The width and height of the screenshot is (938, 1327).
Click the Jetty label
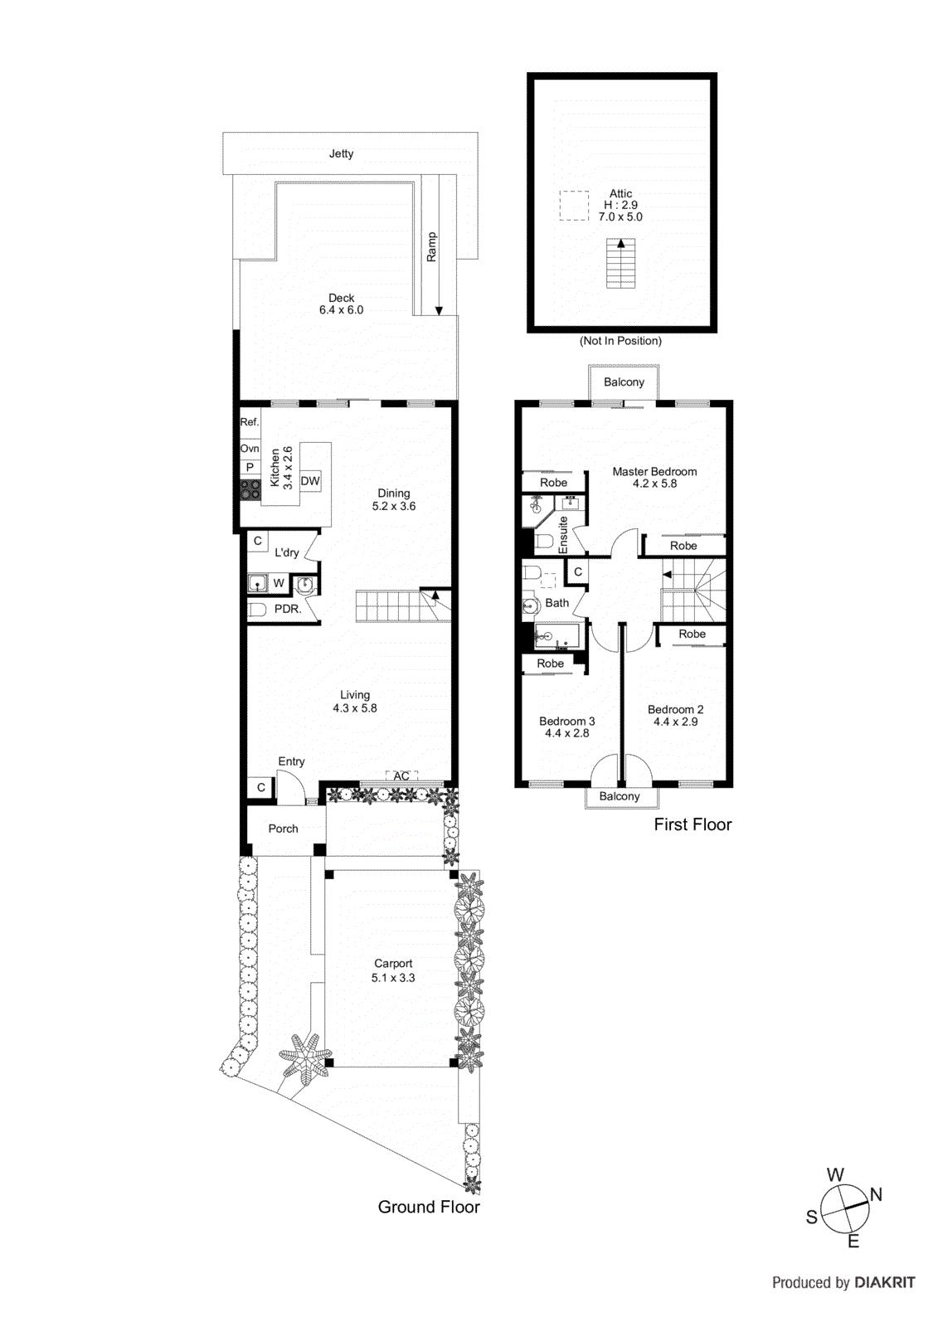tap(341, 153)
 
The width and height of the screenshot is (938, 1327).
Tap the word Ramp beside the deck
tap(431, 247)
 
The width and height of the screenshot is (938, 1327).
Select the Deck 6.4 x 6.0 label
tap(341, 304)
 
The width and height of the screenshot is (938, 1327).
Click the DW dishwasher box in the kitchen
tap(309, 481)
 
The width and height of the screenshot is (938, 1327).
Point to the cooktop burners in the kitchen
tap(250, 489)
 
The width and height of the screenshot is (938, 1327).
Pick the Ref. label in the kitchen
tap(249, 422)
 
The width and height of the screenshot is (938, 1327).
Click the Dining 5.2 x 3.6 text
tap(393, 499)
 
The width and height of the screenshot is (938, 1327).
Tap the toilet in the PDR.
tap(257, 610)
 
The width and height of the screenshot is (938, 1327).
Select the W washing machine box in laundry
tap(279, 583)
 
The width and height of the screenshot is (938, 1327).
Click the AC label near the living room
tap(401, 776)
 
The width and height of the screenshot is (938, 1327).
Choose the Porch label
tap(283, 829)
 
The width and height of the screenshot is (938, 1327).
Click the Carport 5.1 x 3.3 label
tap(393, 970)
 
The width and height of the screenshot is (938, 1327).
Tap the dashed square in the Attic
tap(574, 206)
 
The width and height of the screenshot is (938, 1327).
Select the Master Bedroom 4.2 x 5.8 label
tap(654, 477)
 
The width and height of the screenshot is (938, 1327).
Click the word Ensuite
tap(564, 534)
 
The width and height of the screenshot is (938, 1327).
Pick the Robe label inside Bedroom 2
tap(692, 634)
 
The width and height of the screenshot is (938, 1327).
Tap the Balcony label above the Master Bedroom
tap(624, 382)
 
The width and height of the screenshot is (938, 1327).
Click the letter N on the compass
tap(876, 1195)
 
